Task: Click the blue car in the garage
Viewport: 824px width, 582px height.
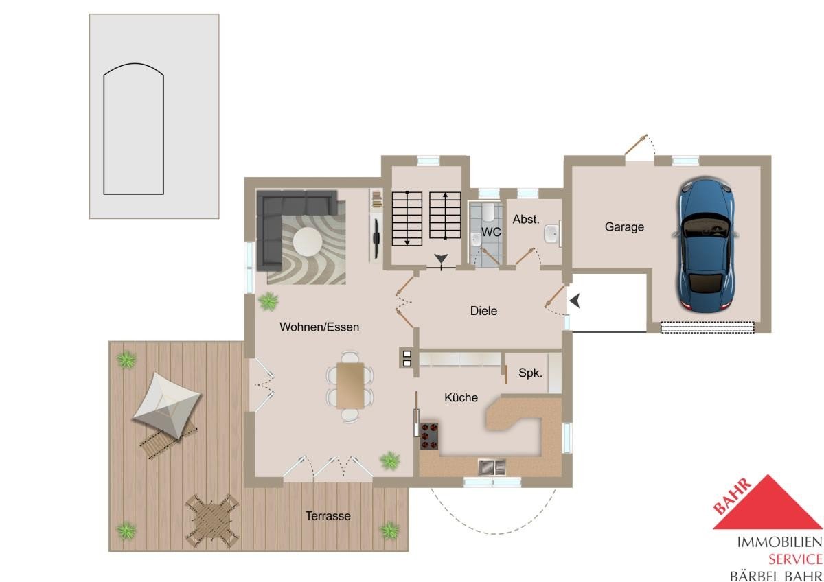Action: (705, 245)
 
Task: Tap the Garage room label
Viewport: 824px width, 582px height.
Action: (624, 227)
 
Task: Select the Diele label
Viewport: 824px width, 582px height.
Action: (483, 311)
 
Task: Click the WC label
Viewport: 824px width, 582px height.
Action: (491, 232)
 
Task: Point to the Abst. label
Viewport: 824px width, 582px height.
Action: (526, 219)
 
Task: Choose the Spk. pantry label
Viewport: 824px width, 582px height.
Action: (530, 373)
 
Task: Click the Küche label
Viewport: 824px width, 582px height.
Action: (461, 397)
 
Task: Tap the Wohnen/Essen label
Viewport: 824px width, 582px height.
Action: (319, 327)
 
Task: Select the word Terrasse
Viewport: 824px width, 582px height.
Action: (328, 516)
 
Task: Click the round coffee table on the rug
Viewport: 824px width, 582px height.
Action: (308, 242)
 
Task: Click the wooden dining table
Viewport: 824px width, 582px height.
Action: (350, 385)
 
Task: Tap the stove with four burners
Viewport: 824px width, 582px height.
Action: (429, 436)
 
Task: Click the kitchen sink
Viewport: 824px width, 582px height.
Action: (492, 467)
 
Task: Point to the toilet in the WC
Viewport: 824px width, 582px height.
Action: (488, 213)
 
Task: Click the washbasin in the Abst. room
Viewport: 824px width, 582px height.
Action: (552, 234)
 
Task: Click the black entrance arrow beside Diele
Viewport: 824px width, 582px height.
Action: (575, 301)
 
